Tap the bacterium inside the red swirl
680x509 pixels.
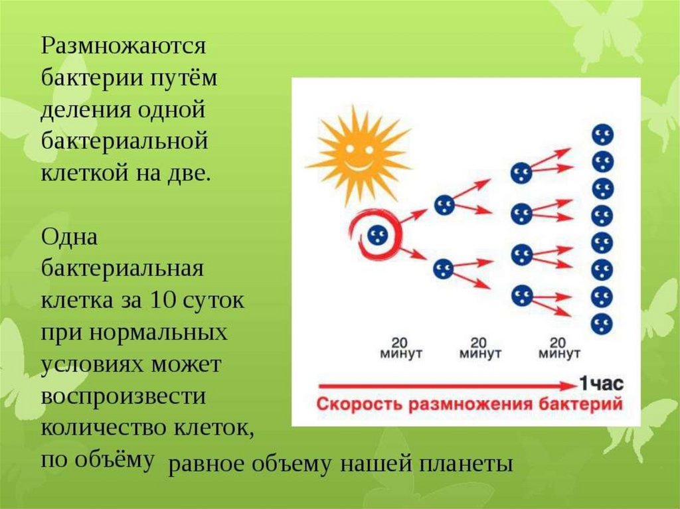click(x=377, y=236)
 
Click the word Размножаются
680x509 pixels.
click(x=124, y=46)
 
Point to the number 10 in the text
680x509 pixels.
click(x=161, y=300)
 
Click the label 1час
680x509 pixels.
click(x=602, y=384)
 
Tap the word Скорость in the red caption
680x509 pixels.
click(x=361, y=404)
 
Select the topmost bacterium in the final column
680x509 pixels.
click(x=603, y=135)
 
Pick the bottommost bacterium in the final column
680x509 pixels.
click(x=602, y=323)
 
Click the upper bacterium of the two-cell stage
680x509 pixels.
click(x=444, y=205)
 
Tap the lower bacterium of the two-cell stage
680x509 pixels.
click(x=443, y=269)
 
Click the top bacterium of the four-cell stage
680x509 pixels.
click(x=521, y=173)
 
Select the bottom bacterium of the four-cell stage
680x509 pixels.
click(x=522, y=296)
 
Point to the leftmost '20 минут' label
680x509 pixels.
click(x=400, y=348)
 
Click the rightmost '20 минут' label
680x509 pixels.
click(x=559, y=348)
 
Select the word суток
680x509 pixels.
click(x=213, y=300)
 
